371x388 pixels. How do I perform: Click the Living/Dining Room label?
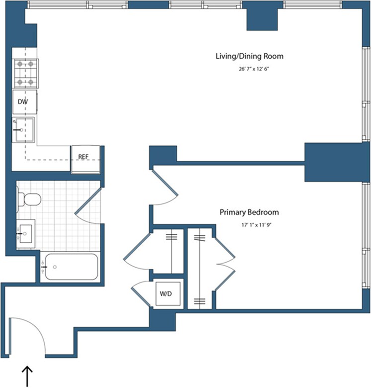pyautogui.click(x=249, y=56)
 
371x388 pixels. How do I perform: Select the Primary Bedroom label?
pyautogui.click(x=249, y=212)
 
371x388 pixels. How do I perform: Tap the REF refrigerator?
pyautogui.click(x=85, y=159)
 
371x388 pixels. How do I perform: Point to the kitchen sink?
pyautogui.click(x=23, y=130)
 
